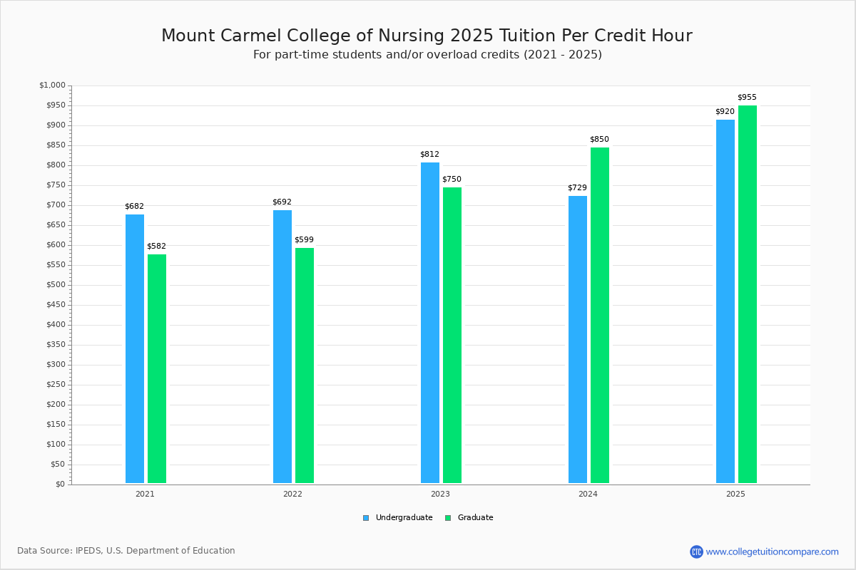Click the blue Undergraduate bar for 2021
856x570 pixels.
click(135, 348)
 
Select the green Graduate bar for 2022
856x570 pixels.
click(305, 366)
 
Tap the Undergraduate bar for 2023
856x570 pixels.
click(430, 323)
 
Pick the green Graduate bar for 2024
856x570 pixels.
click(600, 316)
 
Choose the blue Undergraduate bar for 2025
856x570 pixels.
click(725, 301)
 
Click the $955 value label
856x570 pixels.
click(747, 98)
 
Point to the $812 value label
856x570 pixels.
click(430, 154)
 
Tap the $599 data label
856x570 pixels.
click(304, 240)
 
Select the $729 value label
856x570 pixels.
click(577, 188)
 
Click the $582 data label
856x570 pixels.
click(157, 247)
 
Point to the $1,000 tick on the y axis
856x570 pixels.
click(52, 85)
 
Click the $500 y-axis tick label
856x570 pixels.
click(56, 285)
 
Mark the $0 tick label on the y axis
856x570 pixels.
click(61, 484)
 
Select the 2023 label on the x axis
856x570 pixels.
click(440, 494)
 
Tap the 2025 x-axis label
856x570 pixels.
click(735, 494)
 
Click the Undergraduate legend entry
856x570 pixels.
click(404, 518)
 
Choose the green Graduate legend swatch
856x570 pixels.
click(448, 518)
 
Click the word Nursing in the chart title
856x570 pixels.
click(411, 36)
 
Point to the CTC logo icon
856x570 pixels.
click(696, 551)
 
